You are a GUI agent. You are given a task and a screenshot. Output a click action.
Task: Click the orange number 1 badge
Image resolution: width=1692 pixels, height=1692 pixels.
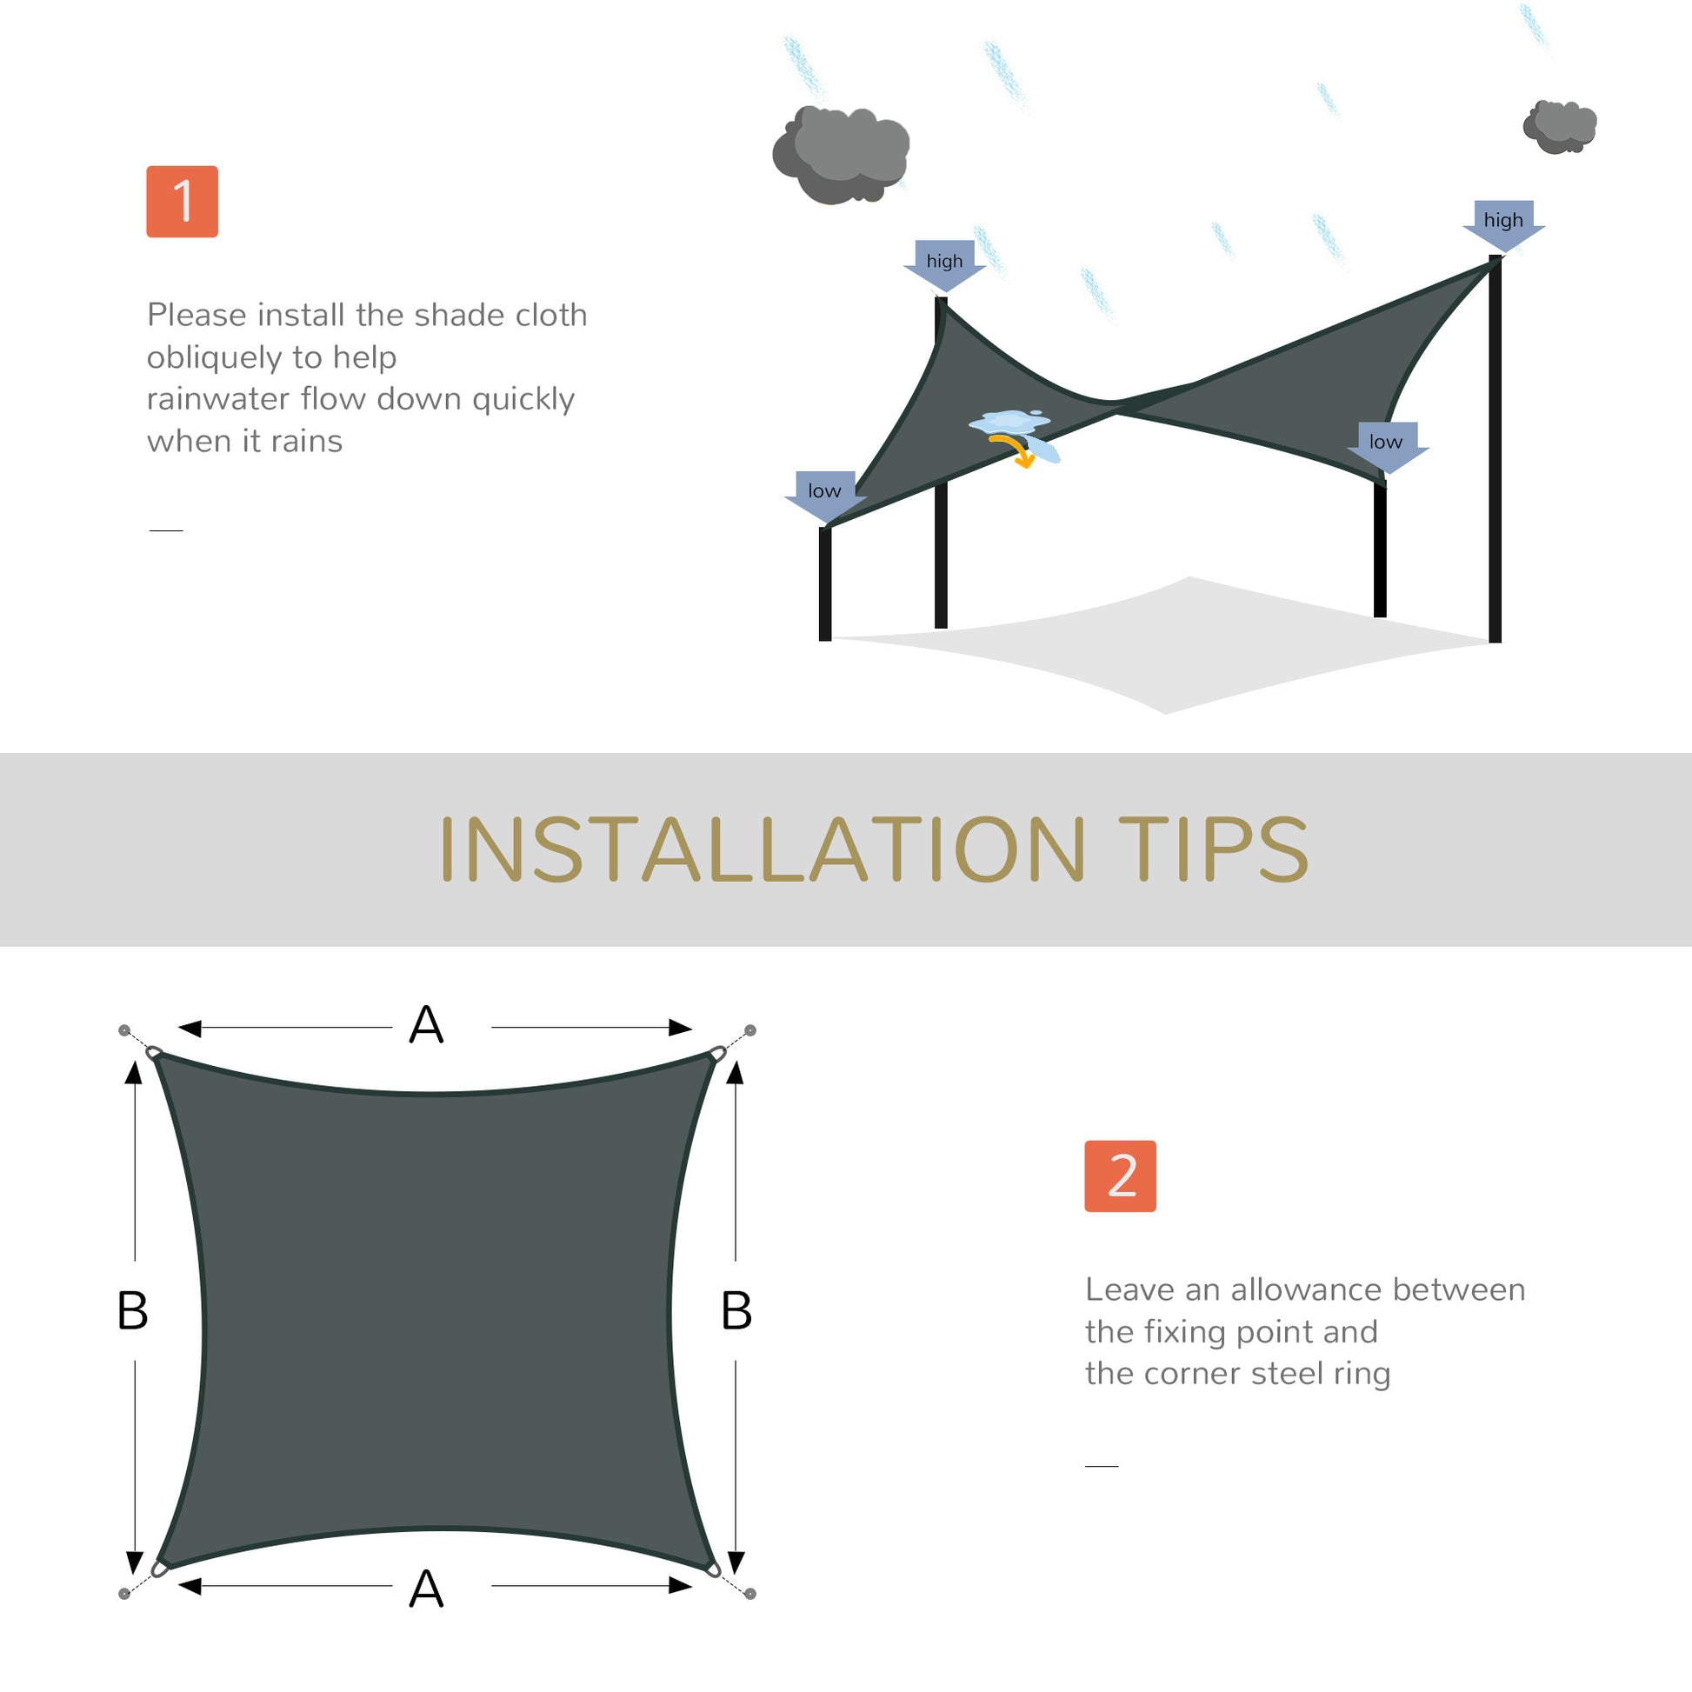183,202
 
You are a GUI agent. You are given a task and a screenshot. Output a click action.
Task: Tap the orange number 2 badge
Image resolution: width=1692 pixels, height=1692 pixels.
1120,1176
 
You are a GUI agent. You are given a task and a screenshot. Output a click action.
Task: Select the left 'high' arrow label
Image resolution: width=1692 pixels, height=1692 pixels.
944,262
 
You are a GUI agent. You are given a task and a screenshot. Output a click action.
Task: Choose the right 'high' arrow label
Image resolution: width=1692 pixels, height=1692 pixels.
1502,222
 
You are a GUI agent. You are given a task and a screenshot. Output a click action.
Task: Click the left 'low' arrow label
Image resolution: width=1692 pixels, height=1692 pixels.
824,492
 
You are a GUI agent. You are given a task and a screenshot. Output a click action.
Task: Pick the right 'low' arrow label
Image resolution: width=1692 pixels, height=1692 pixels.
1385,443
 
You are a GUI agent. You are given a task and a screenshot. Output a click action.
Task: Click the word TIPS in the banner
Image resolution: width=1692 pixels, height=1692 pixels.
1212,849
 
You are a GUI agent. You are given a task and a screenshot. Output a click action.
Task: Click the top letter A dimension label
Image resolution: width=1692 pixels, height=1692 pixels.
427,1024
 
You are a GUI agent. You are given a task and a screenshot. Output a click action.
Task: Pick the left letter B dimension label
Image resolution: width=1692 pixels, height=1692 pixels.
132,1311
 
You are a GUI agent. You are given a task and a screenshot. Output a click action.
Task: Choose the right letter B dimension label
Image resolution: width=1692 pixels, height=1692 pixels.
736,1311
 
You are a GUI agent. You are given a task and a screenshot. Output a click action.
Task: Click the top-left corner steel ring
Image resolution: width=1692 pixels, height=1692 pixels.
154,1052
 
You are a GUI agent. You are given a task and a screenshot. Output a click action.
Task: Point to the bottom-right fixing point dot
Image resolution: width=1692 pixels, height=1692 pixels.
749,1594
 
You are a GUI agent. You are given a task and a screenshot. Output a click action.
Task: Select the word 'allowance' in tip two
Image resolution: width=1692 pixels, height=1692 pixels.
1306,1290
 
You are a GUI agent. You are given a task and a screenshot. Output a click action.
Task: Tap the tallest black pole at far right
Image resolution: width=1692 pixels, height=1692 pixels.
1495,456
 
